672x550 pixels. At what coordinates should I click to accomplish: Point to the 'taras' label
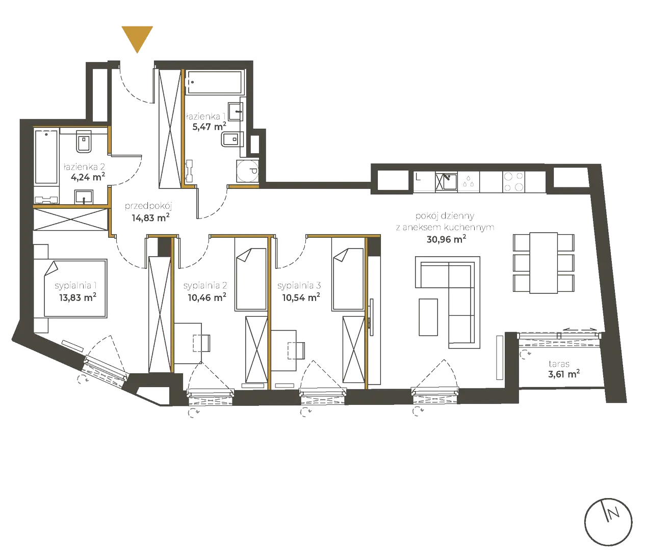click(559, 364)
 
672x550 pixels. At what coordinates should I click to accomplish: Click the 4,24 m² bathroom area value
click(88, 177)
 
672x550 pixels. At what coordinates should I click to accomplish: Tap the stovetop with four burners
click(514, 181)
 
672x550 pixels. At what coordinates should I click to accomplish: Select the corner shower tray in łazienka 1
click(248, 172)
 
